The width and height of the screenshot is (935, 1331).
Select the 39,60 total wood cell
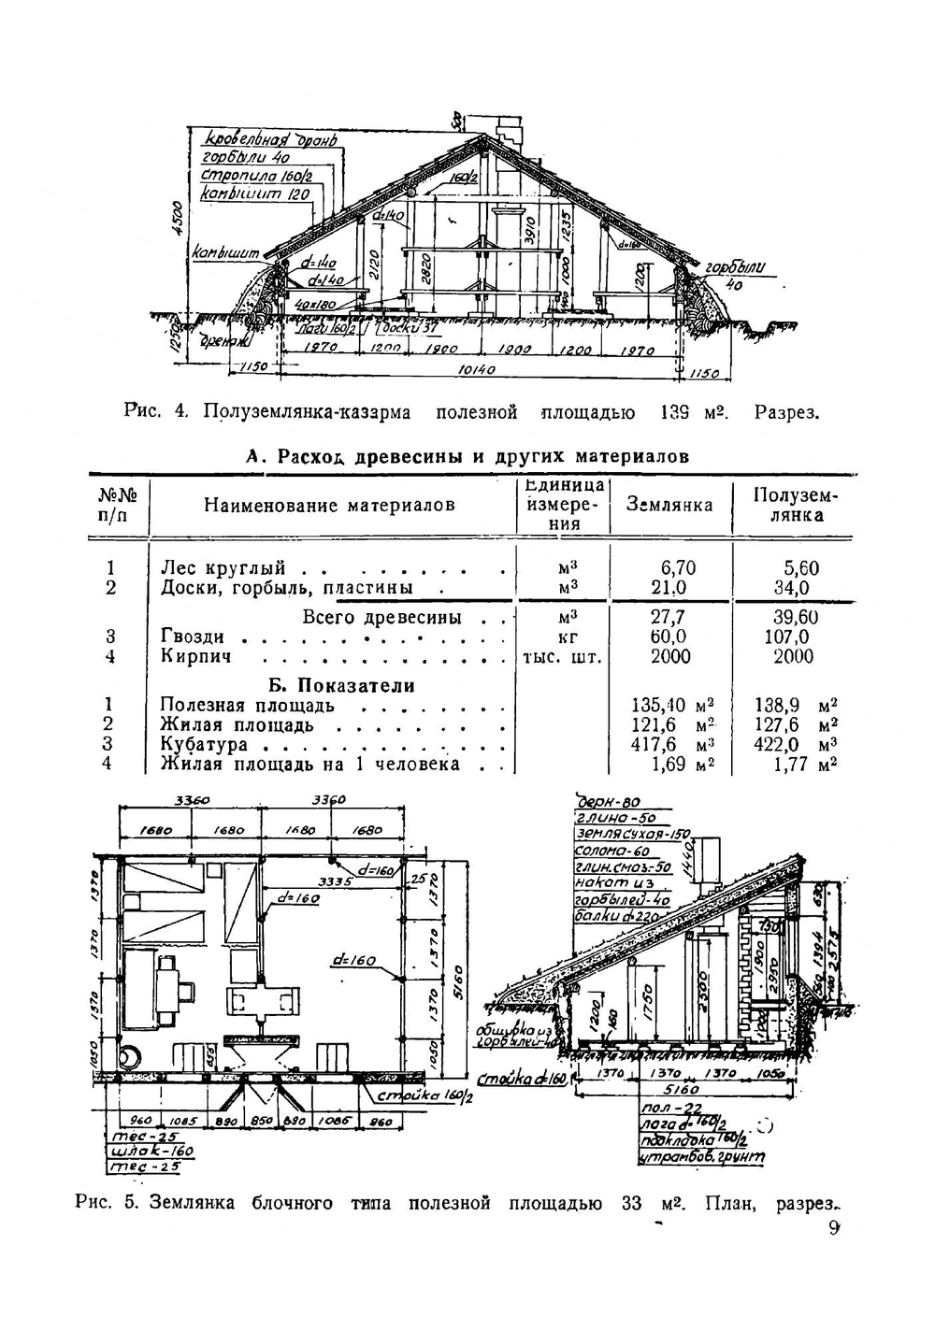tap(795, 618)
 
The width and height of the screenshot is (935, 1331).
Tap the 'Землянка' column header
tap(669, 506)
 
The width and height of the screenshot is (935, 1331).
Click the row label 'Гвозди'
tap(193, 637)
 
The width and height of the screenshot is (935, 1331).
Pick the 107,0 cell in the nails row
tap(791, 637)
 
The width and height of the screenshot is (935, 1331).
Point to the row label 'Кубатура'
tap(204, 745)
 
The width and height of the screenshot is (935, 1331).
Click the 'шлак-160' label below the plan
tap(148, 1152)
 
